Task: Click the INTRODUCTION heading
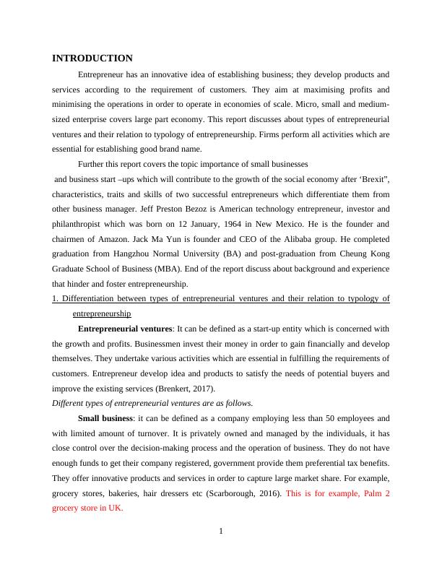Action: click(x=92, y=58)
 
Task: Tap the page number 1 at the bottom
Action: click(x=221, y=532)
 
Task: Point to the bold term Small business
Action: click(x=105, y=418)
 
